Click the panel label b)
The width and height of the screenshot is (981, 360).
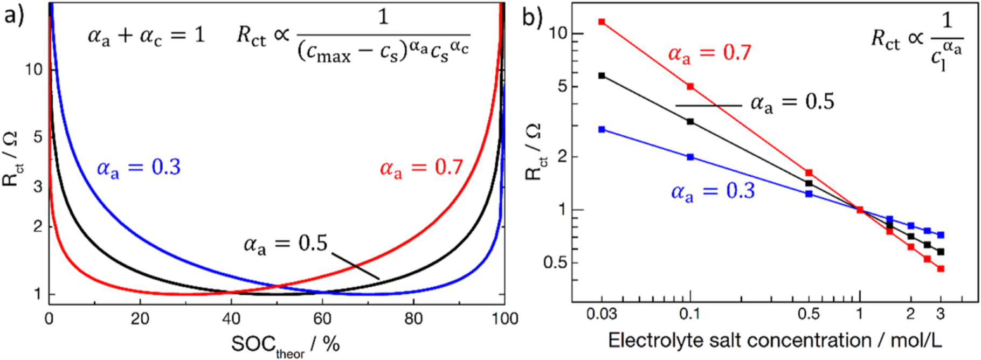[x=532, y=17]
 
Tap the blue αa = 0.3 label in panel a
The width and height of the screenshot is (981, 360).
[x=139, y=168]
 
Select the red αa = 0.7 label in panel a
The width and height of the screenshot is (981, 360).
[x=421, y=168]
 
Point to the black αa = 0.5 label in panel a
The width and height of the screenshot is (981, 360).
[x=286, y=244]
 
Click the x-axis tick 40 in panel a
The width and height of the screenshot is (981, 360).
[x=231, y=319]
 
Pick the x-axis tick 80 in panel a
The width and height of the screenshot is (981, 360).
[x=413, y=319]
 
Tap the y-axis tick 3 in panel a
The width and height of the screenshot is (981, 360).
[x=38, y=187]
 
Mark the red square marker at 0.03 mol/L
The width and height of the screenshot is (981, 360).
[x=602, y=22]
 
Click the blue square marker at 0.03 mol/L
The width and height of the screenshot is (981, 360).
[x=602, y=130]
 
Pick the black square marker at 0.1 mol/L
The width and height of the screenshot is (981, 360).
[x=690, y=122]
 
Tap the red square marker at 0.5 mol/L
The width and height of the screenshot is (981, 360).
[x=809, y=173]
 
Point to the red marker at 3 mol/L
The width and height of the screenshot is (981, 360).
[x=941, y=269]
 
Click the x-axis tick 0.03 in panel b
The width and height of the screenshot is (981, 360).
[x=602, y=314]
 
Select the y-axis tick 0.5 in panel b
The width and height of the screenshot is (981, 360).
[x=555, y=263]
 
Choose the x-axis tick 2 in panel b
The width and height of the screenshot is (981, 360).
[x=911, y=314]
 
